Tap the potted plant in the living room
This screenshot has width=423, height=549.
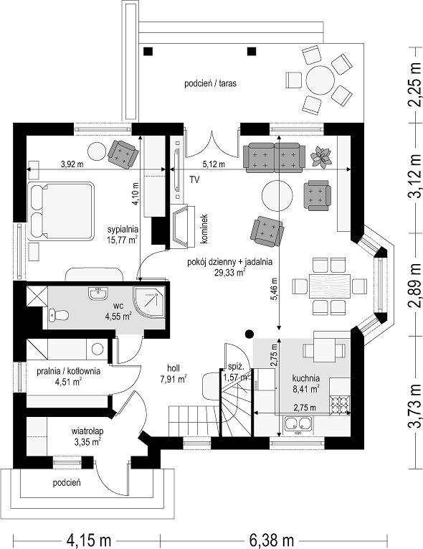[x=321, y=157]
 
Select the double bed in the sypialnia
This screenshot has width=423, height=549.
[x=61, y=211]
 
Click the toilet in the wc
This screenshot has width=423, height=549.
[x=58, y=315]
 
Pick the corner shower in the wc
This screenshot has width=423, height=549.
[x=149, y=302]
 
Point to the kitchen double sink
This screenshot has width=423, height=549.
[x=298, y=423]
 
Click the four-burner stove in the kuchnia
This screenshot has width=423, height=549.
[x=339, y=405]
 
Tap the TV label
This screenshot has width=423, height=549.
[x=194, y=180]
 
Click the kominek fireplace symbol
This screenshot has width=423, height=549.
[x=183, y=226]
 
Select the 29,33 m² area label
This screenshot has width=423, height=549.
[x=229, y=272]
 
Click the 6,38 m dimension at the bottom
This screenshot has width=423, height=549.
[x=272, y=540]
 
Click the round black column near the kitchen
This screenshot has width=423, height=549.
[x=249, y=334]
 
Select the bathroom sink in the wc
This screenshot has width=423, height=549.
[x=98, y=294]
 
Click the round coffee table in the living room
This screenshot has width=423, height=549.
[x=277, y=196]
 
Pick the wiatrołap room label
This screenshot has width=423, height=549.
[x=87, y=431]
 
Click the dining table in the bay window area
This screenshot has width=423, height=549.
[x=330, y=286]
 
